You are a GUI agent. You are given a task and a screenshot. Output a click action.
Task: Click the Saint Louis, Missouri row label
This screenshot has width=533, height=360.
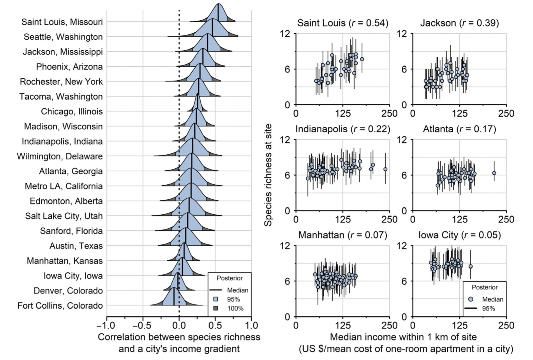point(62,22)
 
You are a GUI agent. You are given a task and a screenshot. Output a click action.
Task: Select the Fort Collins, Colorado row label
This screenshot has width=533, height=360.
point(60,305)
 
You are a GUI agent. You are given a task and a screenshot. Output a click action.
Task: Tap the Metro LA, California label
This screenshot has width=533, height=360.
point(64,186)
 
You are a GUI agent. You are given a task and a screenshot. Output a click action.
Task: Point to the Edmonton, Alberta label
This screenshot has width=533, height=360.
point(66,201)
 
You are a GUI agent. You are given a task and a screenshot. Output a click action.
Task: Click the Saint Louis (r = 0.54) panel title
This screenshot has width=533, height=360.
point(342,23)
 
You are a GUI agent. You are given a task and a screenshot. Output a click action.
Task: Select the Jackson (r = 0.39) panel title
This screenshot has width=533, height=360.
point(459,23)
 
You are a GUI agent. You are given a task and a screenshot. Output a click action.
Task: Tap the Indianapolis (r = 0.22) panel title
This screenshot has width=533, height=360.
point(342,129)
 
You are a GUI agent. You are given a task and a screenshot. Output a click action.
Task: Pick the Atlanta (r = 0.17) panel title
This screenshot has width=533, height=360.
point(459,129)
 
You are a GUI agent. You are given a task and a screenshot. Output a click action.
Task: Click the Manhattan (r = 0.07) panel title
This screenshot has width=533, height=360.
point(342,235)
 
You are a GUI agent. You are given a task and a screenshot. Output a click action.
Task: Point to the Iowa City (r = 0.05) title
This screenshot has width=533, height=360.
point(459,235)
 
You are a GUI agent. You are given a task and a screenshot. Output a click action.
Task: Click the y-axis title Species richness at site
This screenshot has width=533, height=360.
point(268,175)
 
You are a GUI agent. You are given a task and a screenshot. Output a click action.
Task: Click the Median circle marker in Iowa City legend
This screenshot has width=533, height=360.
point(471,299)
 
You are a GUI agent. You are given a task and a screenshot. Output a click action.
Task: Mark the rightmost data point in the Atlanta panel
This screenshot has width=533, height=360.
point(494,173)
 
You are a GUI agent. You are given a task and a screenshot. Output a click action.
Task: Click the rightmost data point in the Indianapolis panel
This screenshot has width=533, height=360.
point(385,169)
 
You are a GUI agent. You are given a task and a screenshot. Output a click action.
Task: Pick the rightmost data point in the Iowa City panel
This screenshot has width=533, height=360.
point(470,266)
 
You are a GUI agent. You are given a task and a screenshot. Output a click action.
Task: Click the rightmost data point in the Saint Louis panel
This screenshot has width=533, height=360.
point(362,59)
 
